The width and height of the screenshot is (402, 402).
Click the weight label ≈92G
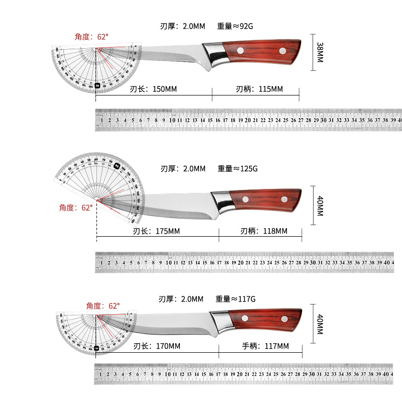[x=237, y=26]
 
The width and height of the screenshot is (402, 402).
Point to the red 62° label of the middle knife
[x=76, y=208]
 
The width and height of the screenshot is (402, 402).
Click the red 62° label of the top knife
[x=91, y=37]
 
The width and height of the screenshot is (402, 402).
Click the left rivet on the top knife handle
[x=240, y=50]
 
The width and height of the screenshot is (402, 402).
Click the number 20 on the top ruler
[x=248, y=121]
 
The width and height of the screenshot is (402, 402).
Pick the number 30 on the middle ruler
[x=313, y=262]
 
